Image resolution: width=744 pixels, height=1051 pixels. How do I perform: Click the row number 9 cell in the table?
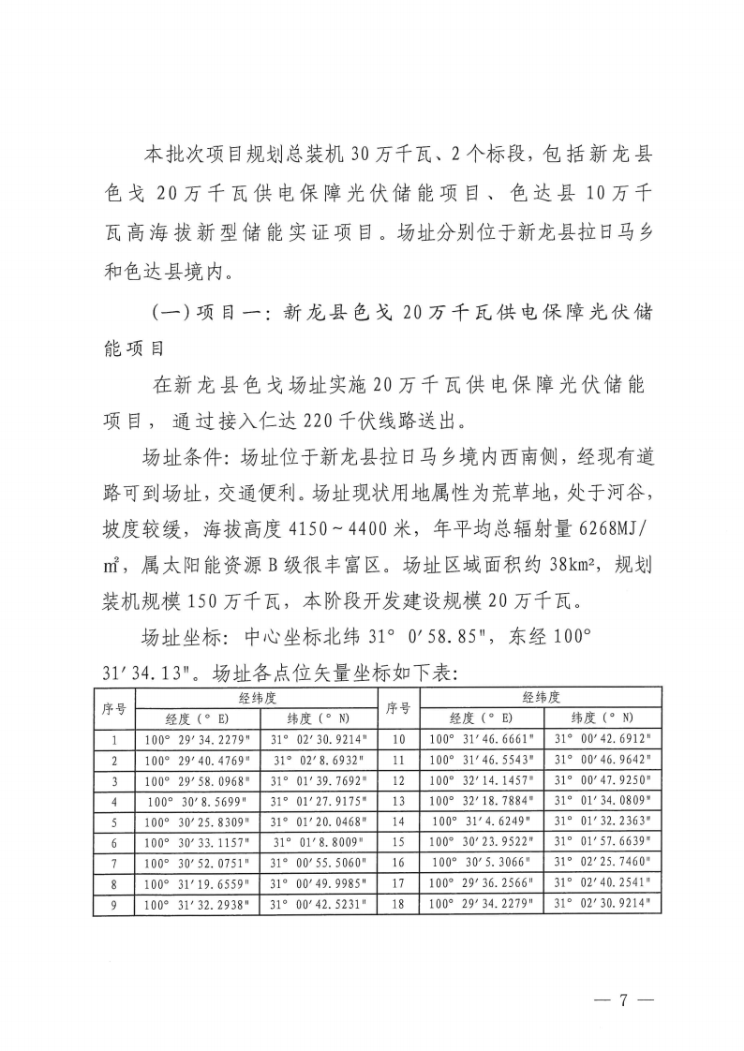pos(114,906)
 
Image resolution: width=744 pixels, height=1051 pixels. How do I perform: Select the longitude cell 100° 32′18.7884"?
pos(481,802)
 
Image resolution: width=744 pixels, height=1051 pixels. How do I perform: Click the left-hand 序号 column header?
pos(114,708)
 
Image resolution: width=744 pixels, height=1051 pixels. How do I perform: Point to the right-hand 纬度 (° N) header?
pos(603,718)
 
